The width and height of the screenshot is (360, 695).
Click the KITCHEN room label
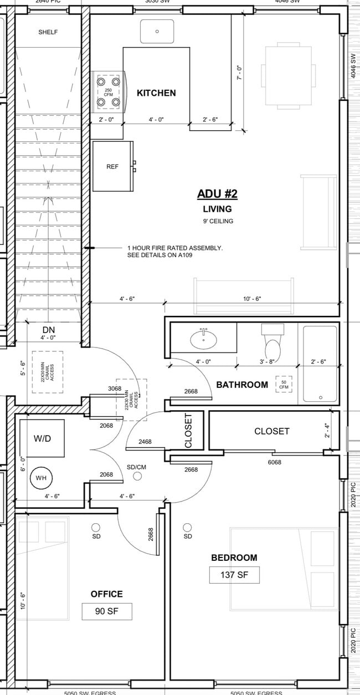click(156, 93)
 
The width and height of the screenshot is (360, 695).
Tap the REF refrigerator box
click(112, 166)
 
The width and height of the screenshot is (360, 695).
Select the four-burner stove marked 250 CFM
click(109, 91)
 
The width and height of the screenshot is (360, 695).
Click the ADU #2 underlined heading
click(217, 194)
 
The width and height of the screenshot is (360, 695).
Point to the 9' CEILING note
click(217, 221)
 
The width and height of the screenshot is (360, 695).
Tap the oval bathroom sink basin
click(204, 339)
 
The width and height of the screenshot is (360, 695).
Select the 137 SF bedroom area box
click(234, 575)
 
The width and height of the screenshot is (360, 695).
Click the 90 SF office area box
click(107, 611)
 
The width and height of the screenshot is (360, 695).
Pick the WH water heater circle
click(42, 477)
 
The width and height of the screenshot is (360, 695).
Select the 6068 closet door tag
click(275, 461)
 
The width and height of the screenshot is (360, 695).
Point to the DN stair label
click(49, 330)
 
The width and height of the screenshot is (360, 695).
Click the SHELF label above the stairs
click(48, 32)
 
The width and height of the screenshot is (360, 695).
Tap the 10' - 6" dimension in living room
click(251, 299)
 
